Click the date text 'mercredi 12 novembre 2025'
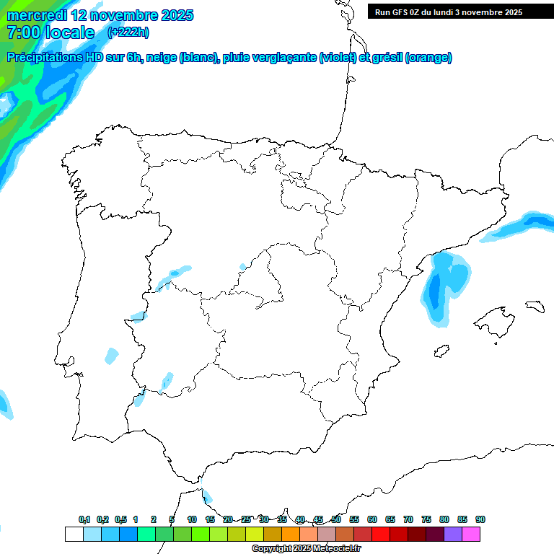[100, 15]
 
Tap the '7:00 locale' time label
[50, 32]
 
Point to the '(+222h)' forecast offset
[128, 32]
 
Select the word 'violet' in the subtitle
[338, 58]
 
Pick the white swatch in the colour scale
[74, 534]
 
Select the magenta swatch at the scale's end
[471, 534]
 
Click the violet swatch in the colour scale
[453, 534]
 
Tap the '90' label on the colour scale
[480, 519]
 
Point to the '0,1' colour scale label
[84, 519]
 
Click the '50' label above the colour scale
[336, 519]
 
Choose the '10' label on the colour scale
[192, 519]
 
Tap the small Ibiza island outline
[440, 352]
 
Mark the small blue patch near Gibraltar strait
[208, 496]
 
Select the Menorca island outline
[534, 306]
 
